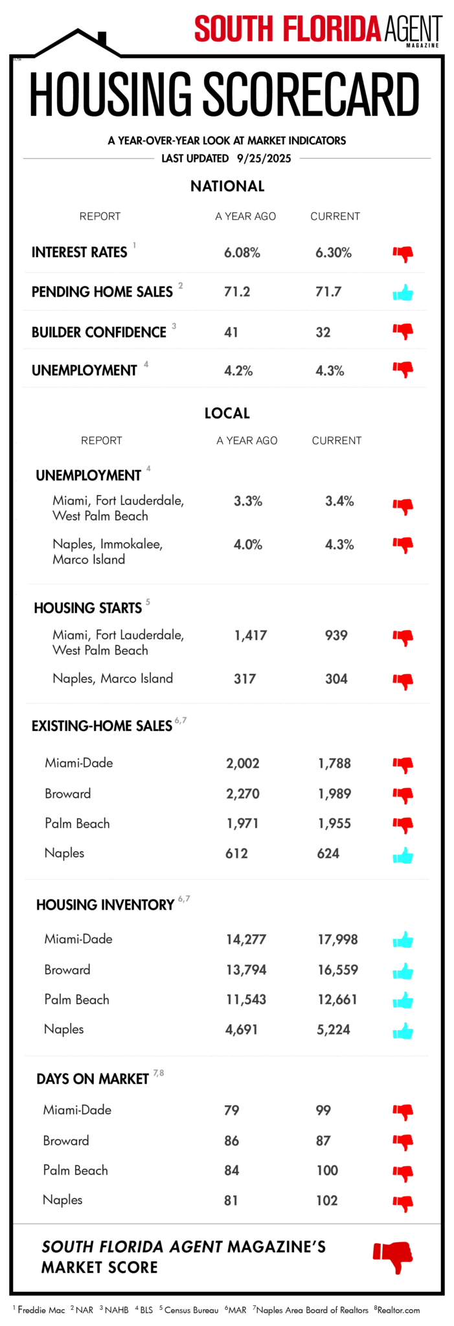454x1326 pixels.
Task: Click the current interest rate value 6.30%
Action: pos(334,253)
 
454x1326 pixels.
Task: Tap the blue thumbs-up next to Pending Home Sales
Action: pos(403,293)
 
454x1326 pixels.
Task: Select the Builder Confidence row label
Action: pos(99,332)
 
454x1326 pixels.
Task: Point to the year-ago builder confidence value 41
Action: pos(231,332)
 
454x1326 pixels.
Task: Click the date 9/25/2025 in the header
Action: pos(264,159)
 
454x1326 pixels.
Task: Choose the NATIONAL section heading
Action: pos(227,186)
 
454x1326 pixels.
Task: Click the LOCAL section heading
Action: pos(227,413)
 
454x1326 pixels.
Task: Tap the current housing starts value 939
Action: pos(336,635)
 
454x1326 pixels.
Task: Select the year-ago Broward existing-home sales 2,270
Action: pos(243,794)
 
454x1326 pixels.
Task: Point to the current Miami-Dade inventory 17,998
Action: pos(337,939)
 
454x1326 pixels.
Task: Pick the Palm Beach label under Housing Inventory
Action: pos(76,1000)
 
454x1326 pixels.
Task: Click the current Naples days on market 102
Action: pos(327,1200)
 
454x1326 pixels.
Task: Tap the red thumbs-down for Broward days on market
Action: pos(403,1143)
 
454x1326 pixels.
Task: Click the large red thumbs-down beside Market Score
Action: pos(393,1257)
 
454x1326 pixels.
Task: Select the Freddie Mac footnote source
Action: pos(41,1310)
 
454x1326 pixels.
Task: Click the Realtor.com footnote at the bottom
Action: pos(398,1310)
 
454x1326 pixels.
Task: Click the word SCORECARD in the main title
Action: pos(312,95)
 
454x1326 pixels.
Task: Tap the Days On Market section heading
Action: pos(93,1079)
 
